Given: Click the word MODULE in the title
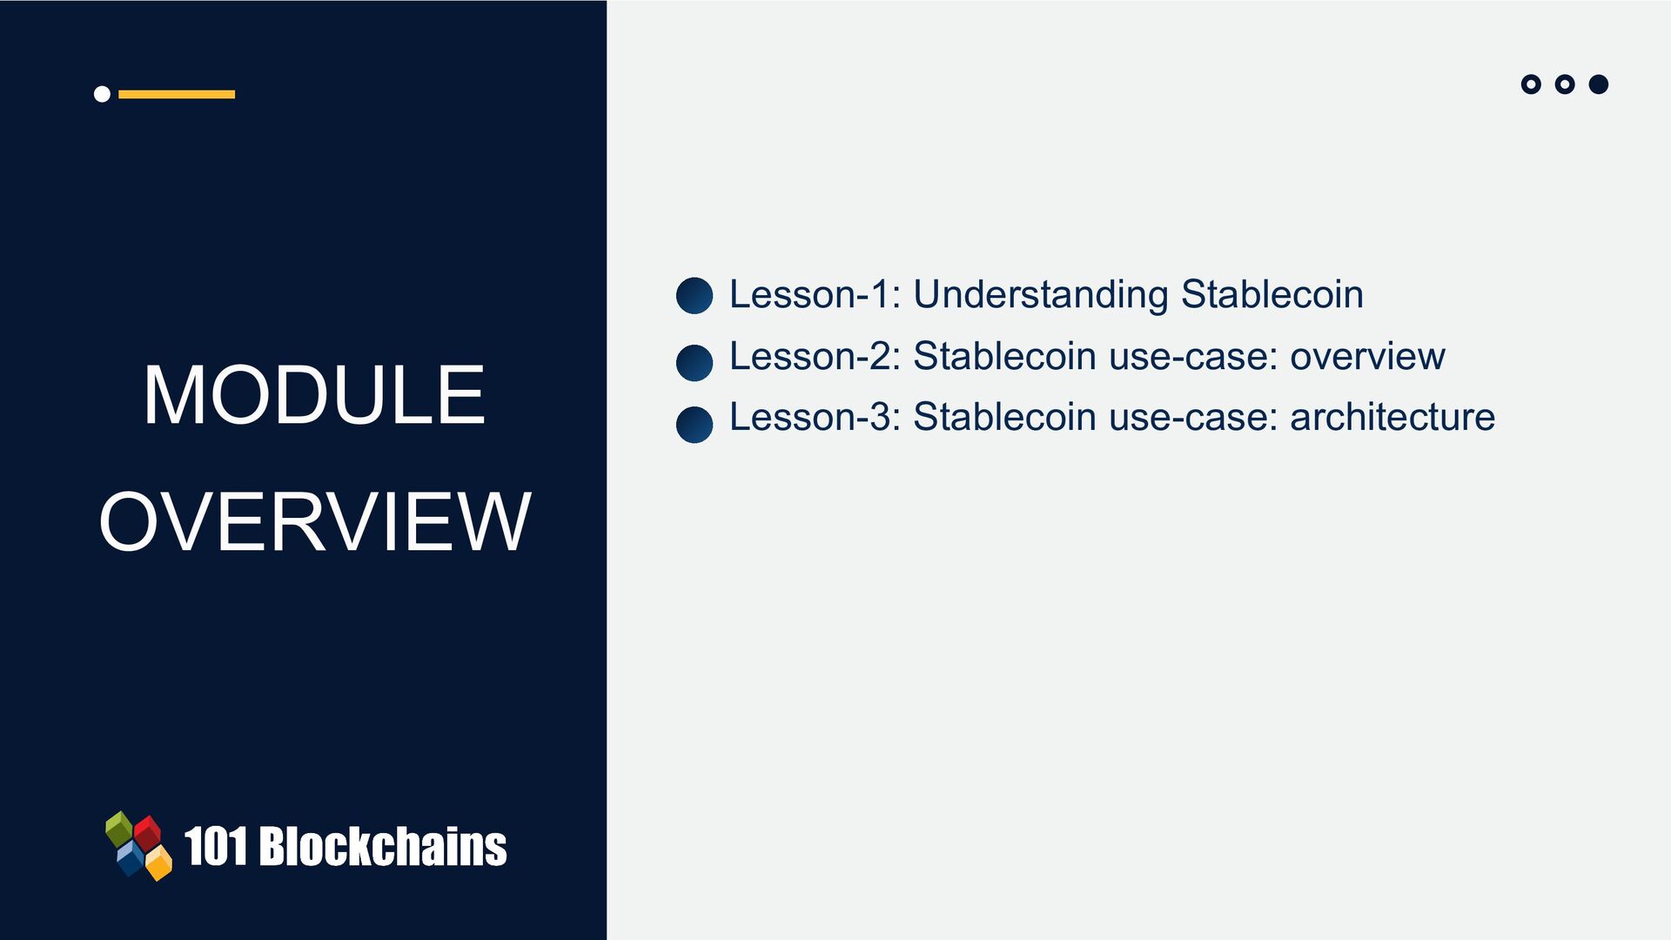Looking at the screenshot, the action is [x=314, y=395].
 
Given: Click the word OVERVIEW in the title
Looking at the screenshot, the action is [x=314, y=521].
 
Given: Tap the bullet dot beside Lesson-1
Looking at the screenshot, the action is [x=695, y=296].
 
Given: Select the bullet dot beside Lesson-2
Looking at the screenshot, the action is [x=695, y=363].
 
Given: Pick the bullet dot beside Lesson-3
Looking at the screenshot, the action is [x=695, y=425].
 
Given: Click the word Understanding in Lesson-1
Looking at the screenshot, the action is [x=1040, y=295].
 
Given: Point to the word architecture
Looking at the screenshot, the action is [x=1392, y=417].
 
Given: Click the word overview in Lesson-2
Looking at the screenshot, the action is [x=1367, y=357].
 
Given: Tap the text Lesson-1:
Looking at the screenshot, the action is [x=815, y=294].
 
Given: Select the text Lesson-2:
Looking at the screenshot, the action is [x=815, y=356].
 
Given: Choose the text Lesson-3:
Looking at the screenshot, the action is [x=815, y=417].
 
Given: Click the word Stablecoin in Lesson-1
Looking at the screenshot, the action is [x=1272, y=294].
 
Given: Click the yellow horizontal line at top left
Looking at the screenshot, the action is [x=177, y=94].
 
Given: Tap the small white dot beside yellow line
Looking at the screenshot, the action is [x=102, y=94].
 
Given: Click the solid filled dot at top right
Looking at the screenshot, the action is [x=1599, y=84].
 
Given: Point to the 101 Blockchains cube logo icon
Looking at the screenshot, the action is [x=138, y=846].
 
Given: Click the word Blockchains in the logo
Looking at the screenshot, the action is [x=383, y=846].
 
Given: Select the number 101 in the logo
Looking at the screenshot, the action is [x=216, y=847].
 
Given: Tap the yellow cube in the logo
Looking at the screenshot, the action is [x=158, y=863].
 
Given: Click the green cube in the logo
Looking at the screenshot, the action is [x=119, y=829].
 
